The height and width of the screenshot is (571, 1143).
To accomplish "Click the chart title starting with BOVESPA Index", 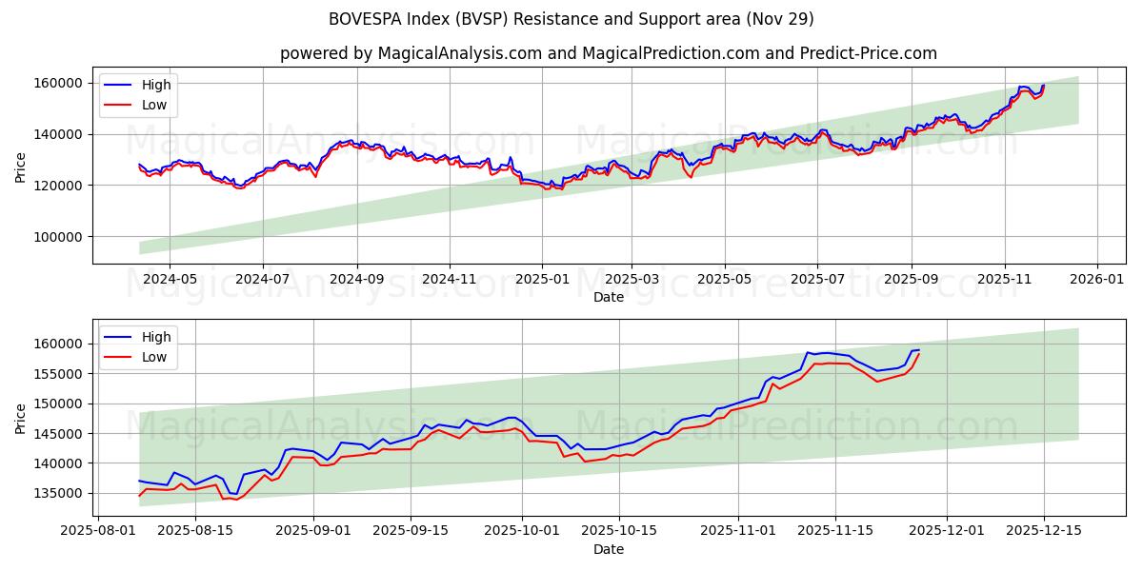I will pyautogui.click(x=571, y=19).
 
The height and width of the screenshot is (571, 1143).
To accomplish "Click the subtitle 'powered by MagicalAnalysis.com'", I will pyautogui.click(x=608, y=53).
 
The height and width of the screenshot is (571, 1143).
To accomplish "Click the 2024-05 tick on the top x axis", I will pyautogui.click(x=170, y=279).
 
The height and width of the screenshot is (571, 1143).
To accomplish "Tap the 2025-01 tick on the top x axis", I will pyautogui.click(x=541, y=279).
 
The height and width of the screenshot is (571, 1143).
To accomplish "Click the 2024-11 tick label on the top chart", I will pyautogui.click(x=449, y=279).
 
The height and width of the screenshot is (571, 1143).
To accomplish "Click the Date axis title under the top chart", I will pyautogui.click(x=608, y=297).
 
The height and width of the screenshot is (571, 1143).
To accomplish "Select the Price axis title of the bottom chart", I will pyautogui.click(x=21, y=418).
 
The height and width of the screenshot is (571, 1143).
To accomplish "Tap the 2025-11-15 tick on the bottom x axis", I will pyautogui.click(x=834, y=530).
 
